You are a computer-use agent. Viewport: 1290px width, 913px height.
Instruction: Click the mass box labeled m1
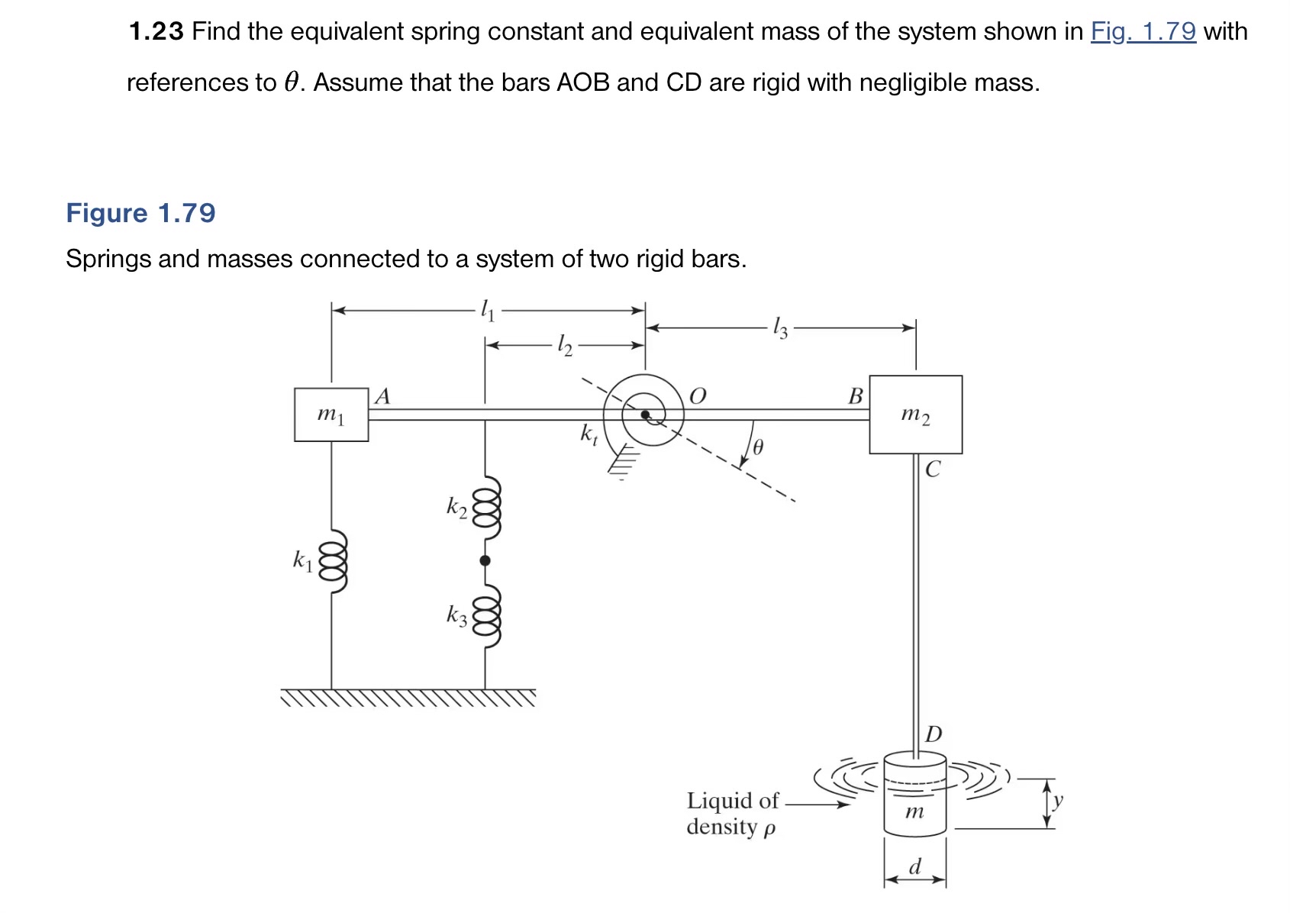click(331, 415)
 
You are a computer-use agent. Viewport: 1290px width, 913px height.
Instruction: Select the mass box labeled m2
click(915, 415)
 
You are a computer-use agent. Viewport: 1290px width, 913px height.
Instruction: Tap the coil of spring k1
click(333, 561)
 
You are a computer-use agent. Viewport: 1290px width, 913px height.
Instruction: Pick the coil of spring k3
click(485, 615)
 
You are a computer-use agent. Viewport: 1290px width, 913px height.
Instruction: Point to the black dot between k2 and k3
click(485, 561)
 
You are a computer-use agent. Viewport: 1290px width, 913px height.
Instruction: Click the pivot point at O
click(645, 415)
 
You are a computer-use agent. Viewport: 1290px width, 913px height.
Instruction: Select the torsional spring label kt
click(589, 434)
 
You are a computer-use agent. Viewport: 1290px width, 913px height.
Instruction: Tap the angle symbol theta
click(757, 447)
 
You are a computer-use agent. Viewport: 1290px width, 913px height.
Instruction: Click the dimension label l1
click(487, 310)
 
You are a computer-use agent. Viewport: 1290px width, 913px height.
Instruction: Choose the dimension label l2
click(564, 345)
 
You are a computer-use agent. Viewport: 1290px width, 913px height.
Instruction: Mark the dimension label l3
click(779, 328)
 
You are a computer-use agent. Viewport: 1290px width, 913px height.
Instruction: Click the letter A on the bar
click(383, 396)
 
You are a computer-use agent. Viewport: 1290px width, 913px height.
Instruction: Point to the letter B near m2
click(855, 396)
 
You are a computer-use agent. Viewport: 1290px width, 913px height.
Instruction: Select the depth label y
click(1057, 800)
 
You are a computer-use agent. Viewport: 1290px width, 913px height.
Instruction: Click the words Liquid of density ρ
click(732, 814)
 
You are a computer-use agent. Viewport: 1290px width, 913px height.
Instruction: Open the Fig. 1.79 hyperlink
click(1143, 31)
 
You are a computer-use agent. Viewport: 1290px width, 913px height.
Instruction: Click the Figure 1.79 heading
click(140, 213)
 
